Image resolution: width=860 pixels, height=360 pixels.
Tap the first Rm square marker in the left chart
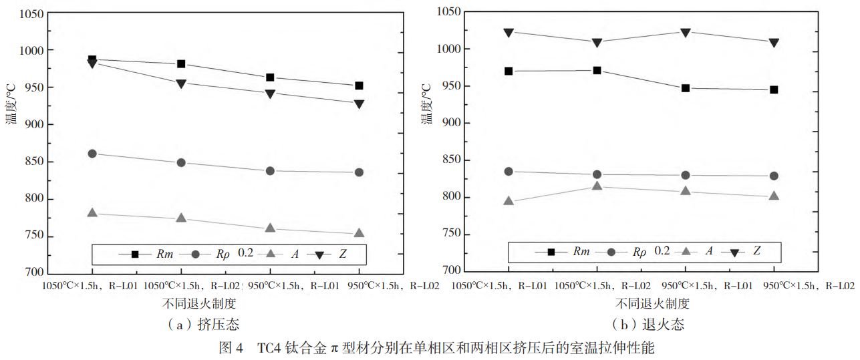pos(92,59)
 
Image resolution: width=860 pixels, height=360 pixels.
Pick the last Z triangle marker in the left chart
pos(359,104)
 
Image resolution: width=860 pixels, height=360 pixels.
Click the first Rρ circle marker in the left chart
pos(92,154)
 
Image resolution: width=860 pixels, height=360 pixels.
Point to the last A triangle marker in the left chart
pos(359,233)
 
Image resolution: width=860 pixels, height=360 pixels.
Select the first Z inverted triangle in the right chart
pos(509,32)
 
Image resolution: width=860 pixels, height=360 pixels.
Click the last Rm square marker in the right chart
pos(774,89)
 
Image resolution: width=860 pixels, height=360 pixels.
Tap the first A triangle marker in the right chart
pos(509,200)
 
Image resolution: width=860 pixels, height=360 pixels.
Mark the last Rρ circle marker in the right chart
pos(774,176)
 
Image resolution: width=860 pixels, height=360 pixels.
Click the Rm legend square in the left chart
pos(135,254)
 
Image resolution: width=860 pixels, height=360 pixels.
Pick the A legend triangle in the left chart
pos(273,254)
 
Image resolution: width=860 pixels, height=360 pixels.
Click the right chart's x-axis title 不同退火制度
pos(652,303)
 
